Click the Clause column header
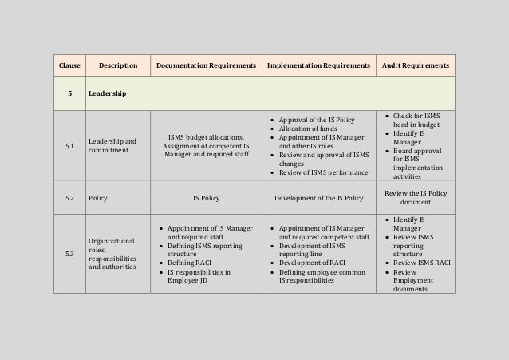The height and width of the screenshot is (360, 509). [69, 64]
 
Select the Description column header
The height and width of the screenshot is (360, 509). [117, 64]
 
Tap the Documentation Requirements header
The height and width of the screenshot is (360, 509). [206, 64]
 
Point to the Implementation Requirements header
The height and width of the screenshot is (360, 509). [318, 64]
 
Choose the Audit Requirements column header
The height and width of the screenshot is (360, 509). [415, 64]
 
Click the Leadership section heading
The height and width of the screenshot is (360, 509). [106, 94]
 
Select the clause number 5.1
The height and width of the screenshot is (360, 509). [69, 146]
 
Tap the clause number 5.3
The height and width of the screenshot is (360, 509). [69, 254]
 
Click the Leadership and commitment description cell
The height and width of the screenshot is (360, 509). [112, 146]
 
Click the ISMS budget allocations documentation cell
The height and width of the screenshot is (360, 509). [207, 146]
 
